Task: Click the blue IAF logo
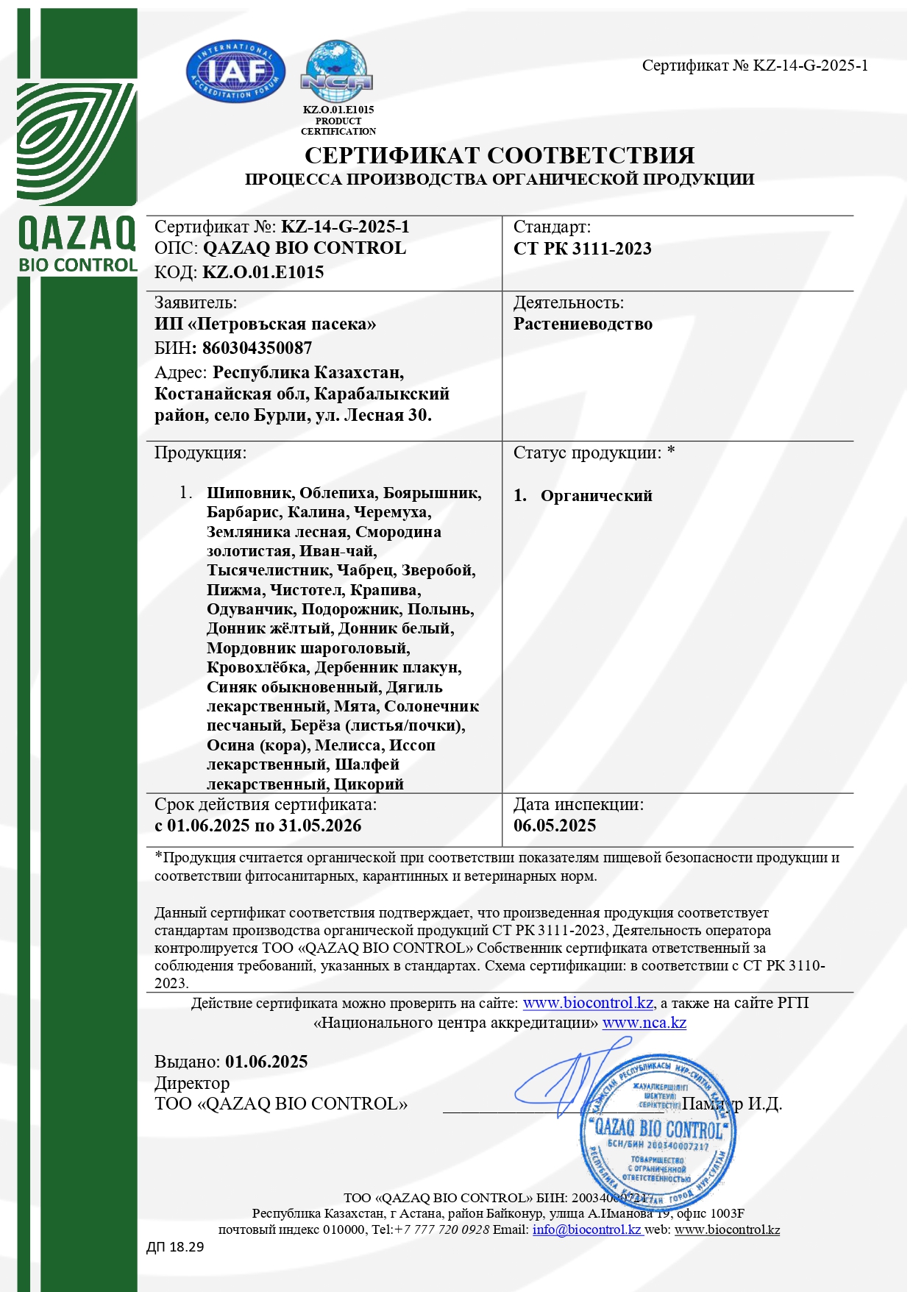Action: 235,71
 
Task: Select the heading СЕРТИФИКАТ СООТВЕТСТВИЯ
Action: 500,155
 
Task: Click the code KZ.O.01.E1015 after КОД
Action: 263,272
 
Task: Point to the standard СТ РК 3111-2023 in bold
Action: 582,249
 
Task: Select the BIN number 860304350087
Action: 257,348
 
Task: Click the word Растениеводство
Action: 583,324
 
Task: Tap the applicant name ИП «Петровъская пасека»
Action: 265,324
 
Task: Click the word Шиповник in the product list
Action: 249,493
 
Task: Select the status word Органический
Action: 596,496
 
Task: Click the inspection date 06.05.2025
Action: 555,826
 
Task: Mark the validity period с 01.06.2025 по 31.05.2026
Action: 257,826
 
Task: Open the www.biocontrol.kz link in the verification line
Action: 588,1003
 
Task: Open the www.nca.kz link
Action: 644,1023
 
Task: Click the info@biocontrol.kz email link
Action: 587,1229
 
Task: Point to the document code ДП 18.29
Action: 175,1247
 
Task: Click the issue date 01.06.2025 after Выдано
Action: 266,1062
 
